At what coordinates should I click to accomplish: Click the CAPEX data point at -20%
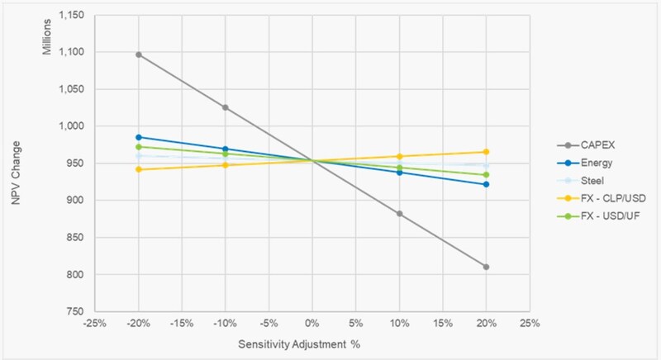(x=139, y=54)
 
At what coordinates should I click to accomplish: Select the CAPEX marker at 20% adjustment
(x=486, y=267)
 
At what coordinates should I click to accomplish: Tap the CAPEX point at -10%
(x=226, y=107)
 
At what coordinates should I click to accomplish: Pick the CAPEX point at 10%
(x=399, y=214)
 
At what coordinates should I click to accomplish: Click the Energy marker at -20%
(x=139, y=137)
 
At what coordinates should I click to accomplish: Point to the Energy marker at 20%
(x=486, y=184)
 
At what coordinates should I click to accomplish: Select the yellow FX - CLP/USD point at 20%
(x=486, y=152)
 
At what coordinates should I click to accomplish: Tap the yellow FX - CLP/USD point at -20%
(x=139, y=169)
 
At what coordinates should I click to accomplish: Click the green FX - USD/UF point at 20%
(x=486, y=175)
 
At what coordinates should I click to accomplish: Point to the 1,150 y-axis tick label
(x=78, y=15)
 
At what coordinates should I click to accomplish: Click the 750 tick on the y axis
(x=85, y=312)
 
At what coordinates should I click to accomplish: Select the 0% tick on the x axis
(x=312, y=323)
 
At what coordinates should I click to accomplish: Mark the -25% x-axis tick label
(x=95, y=323)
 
